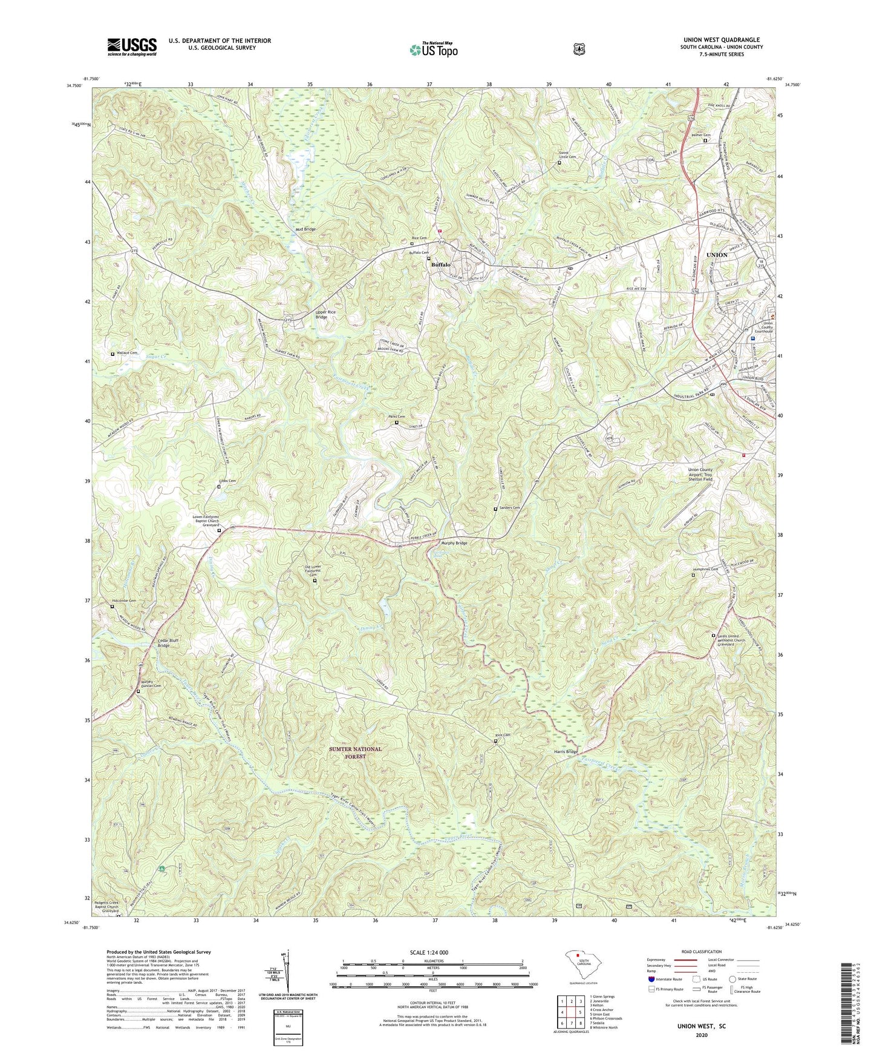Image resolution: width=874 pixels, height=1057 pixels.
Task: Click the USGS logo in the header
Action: [132, 47]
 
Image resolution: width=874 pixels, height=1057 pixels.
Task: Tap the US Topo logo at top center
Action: [432, 50]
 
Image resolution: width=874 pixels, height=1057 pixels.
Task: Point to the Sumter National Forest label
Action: [355, 752]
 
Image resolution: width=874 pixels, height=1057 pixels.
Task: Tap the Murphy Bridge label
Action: [451, 543]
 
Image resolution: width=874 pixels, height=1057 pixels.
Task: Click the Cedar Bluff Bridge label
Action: [155, 643]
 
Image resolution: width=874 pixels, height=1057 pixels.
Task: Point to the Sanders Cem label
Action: [508, 508]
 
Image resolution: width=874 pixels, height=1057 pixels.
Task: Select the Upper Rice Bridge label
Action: [325, 314]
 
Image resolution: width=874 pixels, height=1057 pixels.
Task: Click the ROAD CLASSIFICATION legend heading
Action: [701, 952]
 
